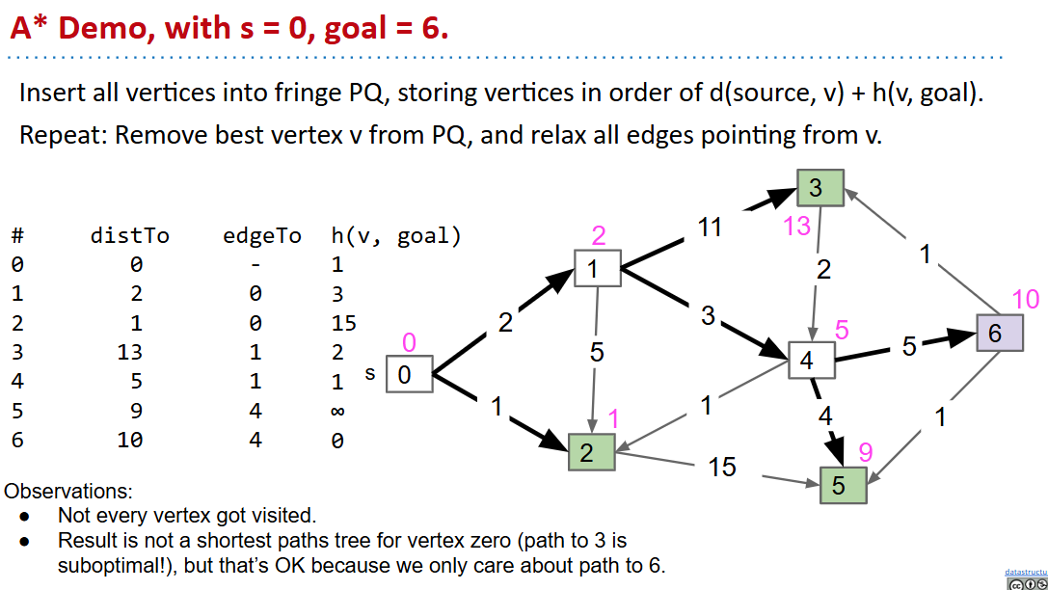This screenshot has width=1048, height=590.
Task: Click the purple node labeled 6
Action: click(x=999, y=333)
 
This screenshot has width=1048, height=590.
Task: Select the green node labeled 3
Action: click(x=820, y=187)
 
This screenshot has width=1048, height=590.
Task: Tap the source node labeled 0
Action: click(x=409, y=374)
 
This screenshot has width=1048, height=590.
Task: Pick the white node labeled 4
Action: click(x=811, y=361)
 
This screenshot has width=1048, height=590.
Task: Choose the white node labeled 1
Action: click(x=597, y=269)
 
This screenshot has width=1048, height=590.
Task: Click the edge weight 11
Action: click(x=710, y=228)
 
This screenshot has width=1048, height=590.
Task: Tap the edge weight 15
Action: click(x=721, y=468)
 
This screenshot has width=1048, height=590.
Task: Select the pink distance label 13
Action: click(x=797, y=227)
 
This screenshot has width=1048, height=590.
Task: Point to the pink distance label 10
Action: click(x=1026, y=299)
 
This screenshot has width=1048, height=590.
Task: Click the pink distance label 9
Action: click(x=865, y=451)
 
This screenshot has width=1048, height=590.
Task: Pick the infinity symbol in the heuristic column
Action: click(x=337, y=411)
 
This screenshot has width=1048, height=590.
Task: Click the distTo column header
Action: click(x=129, y=236)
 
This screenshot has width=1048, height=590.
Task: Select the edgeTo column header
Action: click(x=262, y=236)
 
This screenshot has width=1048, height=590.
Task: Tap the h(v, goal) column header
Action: click(x=395, y=236)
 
